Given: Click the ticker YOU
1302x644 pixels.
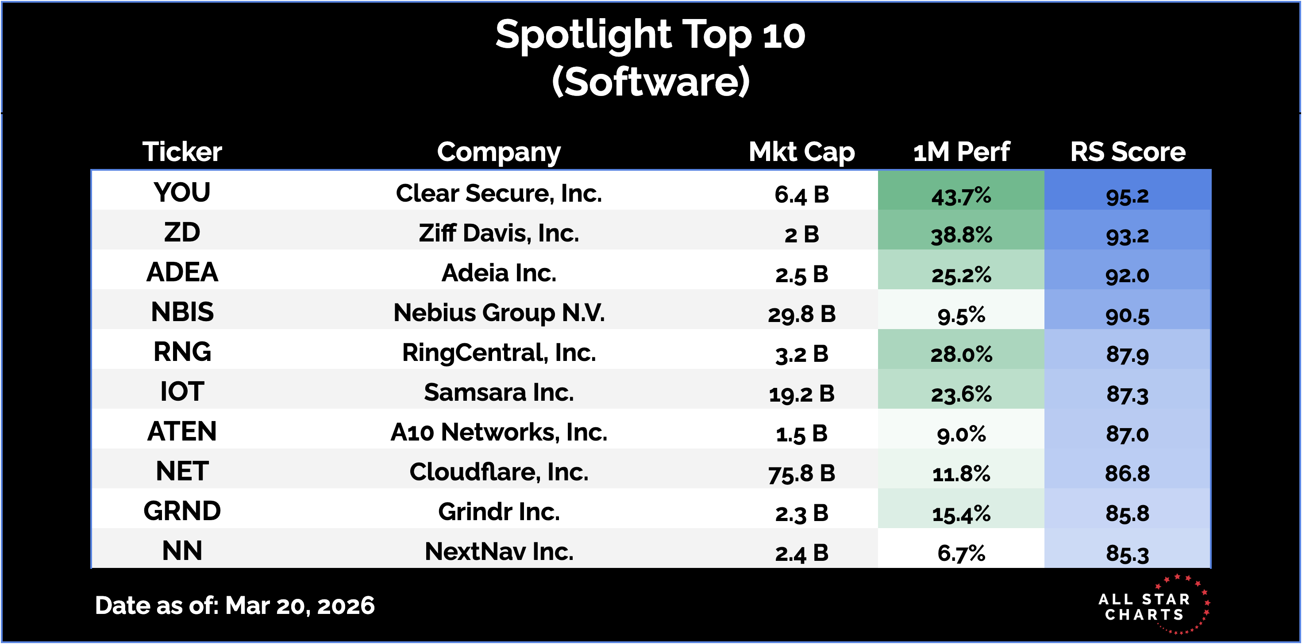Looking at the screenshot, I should tap(182, 192).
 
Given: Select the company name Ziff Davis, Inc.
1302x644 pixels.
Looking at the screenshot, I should tap(498, 234).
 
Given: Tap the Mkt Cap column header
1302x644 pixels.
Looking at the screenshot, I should tap(801, 152).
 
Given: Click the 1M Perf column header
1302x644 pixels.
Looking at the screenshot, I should tap(961, 152).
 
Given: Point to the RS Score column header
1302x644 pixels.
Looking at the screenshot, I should tap(1127, 152).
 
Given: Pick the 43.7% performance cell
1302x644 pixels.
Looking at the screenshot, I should tap(961, 195).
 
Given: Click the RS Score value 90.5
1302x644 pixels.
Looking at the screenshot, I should tap(1127, 315).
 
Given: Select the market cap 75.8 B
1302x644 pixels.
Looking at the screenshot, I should tap(801, 473).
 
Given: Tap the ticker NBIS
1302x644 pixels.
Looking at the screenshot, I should tap(182, 312).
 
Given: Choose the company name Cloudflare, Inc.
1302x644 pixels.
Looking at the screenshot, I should tap(498, 472).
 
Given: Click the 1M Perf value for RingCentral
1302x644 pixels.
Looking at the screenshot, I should tap(961, 354).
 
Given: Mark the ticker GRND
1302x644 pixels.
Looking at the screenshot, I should tap(182, 511).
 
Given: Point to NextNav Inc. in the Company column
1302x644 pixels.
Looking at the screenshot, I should tap(498, 551).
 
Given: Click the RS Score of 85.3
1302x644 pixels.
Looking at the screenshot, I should tap(1127, 553).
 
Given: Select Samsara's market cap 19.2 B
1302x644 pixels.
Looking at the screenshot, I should tap(801, 394).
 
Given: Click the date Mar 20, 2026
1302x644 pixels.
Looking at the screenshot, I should tap(299, 605).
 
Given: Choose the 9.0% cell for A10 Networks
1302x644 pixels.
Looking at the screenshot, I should tap(961, 434).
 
